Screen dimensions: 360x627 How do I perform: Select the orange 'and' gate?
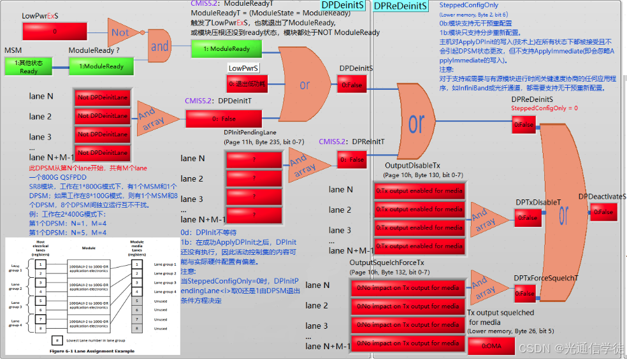[x=159, y=46]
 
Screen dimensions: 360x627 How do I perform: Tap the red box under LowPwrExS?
[x=54, y=31]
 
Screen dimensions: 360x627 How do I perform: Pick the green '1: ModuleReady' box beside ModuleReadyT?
[x=227, y=48]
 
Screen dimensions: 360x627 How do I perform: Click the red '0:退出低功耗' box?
[x=247, y=83]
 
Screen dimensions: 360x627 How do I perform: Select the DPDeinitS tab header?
[x=343, y=6]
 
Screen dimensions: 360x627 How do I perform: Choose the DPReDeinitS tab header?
[x=400, y=6]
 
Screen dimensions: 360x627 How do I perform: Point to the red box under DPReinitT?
[x=352, y=159]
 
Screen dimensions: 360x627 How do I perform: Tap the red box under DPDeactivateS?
[x=603, y=212]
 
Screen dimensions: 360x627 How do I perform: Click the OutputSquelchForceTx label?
[x=387, y=263]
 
